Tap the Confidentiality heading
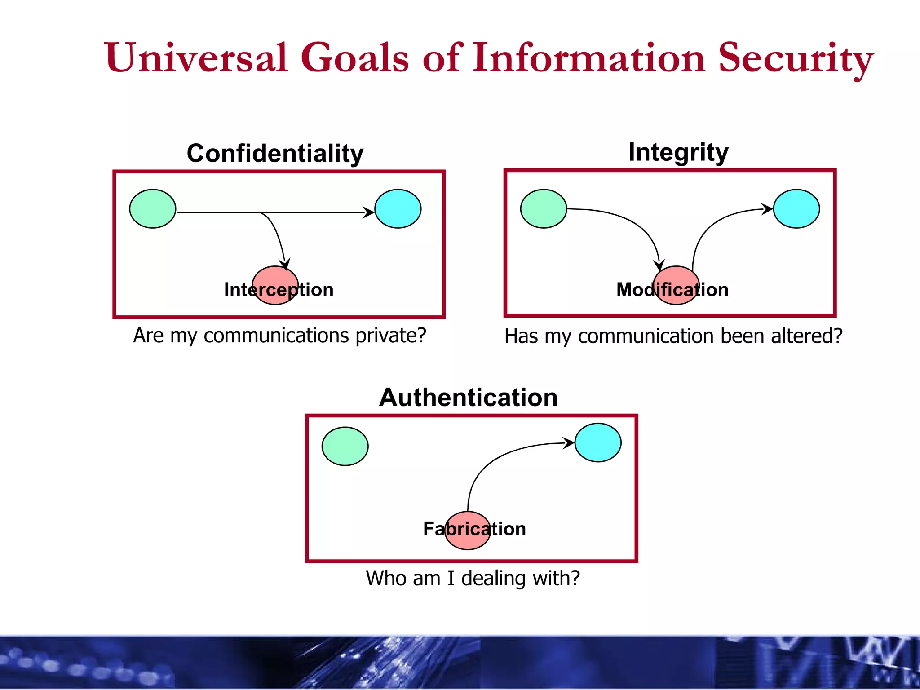click(x=275, y=153)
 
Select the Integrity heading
click(x=678, y=152)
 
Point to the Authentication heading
click(x=469, y=397)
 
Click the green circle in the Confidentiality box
click(x=153, y=209)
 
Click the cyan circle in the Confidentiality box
click(x=398, y=209)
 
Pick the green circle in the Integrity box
click(x=544, y=209)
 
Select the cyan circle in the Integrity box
click(x=796, y=209)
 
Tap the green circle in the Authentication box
click(x=345, y=446)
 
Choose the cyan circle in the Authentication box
click(x=598, y=442)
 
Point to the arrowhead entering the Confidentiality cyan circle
click(x=369, y=212)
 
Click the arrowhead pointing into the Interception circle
click(x=285, y=264)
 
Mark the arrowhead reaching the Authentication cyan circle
click(x=569, y=443)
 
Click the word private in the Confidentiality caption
click(x=390, y=336)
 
